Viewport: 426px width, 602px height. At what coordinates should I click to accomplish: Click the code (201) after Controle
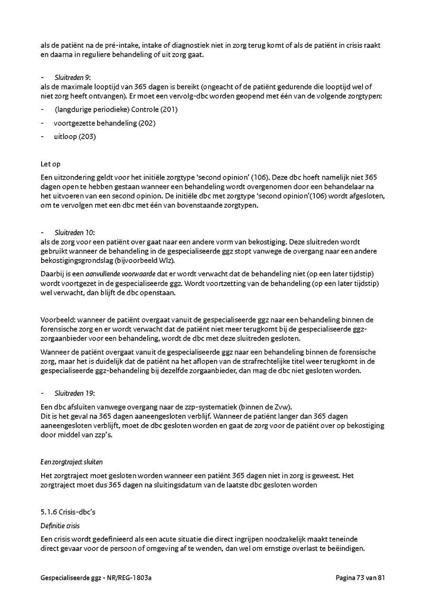click(x=169, y=109)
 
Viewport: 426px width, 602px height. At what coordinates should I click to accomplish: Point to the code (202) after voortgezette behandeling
click(x=147, y=123)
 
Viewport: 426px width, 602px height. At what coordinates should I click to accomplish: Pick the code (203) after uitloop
click(x=88, y=137)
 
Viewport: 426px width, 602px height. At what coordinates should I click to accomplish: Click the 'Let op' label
click(x=50, y=165)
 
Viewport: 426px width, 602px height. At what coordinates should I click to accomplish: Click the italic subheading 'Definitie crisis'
click(x=60, y=525)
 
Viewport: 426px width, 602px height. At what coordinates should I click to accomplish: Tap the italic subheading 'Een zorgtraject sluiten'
click(x=71, y=462)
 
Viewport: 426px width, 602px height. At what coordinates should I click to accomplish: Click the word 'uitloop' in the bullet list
click(x=66, y=137)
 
